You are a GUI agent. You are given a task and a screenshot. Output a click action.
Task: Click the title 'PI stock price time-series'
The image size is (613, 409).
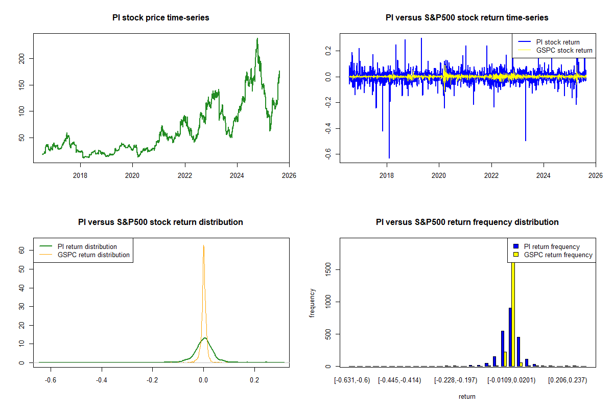[x=160, y=18]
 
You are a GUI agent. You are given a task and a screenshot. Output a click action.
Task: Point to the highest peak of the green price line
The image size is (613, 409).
[x=257, y=38]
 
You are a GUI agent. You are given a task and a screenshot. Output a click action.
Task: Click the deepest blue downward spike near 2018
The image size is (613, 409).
[x=389, y=157]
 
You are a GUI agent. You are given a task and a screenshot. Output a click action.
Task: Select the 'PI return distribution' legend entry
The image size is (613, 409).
[x=87, y=246]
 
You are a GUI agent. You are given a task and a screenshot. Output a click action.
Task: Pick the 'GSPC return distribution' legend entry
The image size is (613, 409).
[x=93, y=255]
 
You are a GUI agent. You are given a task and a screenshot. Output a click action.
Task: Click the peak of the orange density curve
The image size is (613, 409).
[x=203, y=245]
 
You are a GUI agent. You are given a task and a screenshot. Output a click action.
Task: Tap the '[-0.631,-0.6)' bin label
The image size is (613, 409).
[x=351, y=380]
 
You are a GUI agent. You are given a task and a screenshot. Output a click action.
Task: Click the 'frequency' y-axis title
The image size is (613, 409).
[x=312, y=303]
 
